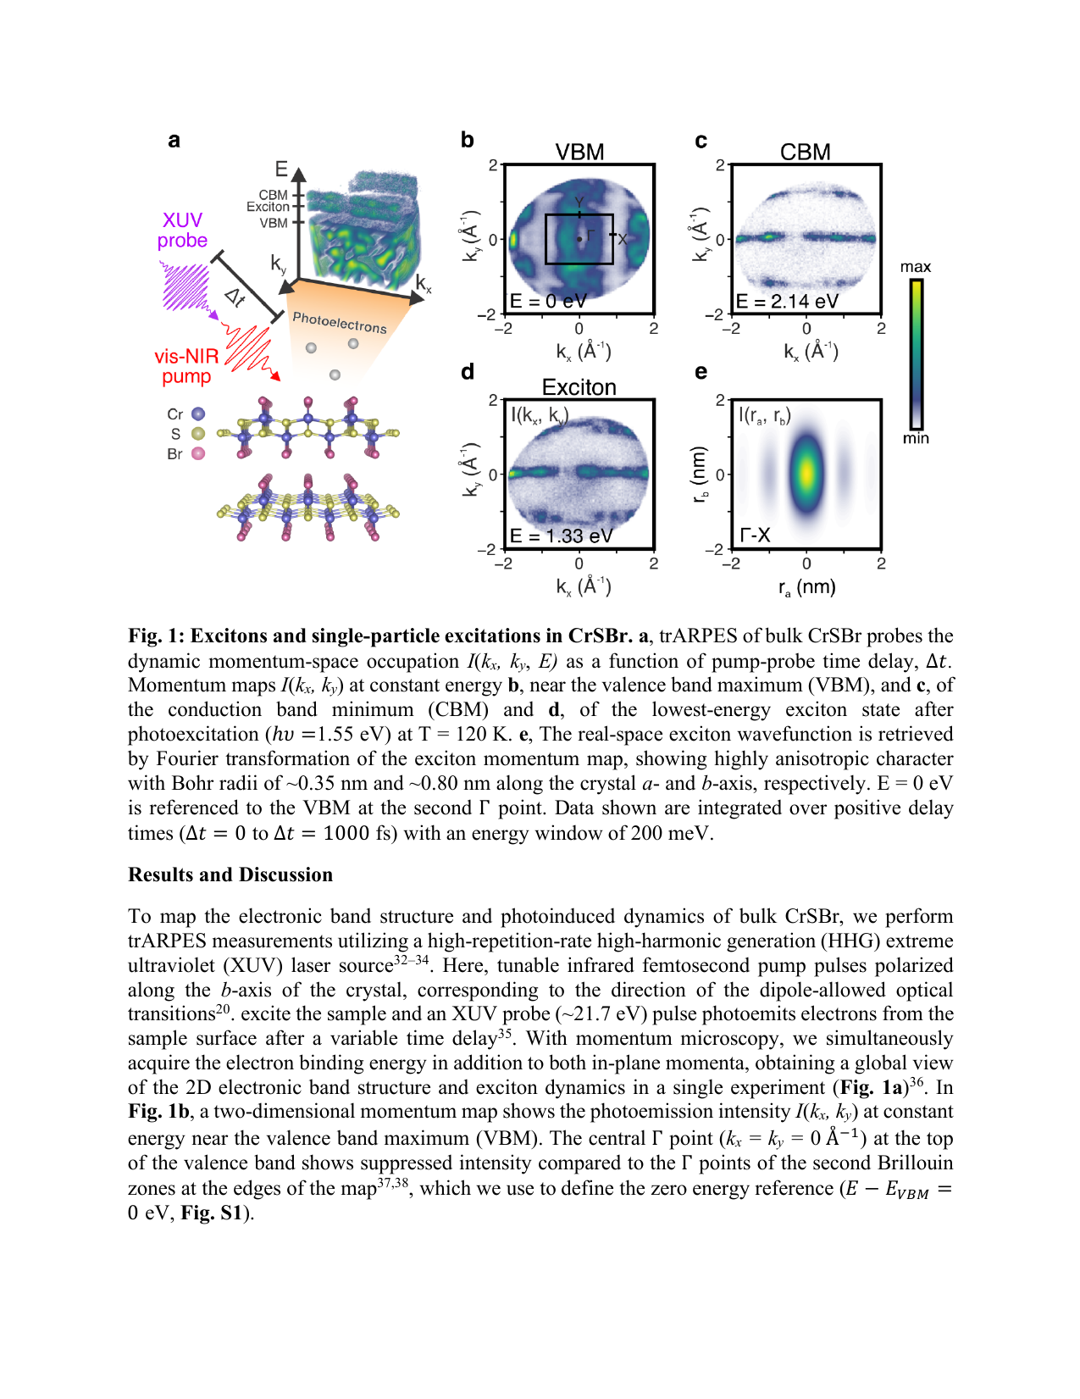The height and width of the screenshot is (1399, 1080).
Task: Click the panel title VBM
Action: pyautogui.click(x=579, y=152)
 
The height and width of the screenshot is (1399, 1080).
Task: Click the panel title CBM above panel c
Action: pyautogui.click(x=805, y=152)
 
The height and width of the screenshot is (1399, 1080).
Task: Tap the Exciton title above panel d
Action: pyautogui.click(x=579, y=387)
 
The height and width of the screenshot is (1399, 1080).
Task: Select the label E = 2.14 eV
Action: pyautogui.click(x=787, y=302)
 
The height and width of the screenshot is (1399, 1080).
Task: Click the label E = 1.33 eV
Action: pyautogui.click(x=561, y=536)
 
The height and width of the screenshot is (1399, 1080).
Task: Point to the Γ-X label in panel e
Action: pyautogui.click(x=755, y=536)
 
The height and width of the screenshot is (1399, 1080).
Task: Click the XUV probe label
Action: pyautogui.click(x=182, y=230)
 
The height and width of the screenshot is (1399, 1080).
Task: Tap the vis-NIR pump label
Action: pyautogui.click(x=186, y=366)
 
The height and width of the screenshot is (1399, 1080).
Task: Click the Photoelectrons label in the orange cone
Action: pyautogui.click(x=339, y=322)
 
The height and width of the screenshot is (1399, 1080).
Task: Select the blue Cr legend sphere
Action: pyautogui.click(x=198, y=414)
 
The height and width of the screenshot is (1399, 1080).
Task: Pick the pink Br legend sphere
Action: pyautogui.click(x=198, y=453)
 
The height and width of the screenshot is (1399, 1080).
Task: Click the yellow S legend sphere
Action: pyautogui.click(x=198, y=434)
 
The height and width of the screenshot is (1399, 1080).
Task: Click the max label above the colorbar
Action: pyautogui.click(x=915, y=267)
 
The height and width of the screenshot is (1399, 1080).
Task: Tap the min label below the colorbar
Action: pyautogui.click(x=915, y=438)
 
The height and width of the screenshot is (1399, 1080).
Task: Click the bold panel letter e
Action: pyautogui.click(x=701, y=372)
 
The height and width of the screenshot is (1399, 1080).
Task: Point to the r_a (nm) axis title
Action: pyautogui.click(x=806, y=587)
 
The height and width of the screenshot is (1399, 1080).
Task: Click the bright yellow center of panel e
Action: pyautogui.click(x=806, y=472)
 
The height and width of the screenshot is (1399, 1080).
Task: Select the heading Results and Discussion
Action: pyautogui.click(x=230, y=874)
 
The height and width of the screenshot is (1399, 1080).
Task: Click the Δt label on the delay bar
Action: pyautogui.click(x=235, y=297)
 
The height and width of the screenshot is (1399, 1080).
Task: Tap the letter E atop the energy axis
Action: pyautogui.click(x=281, y=169)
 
